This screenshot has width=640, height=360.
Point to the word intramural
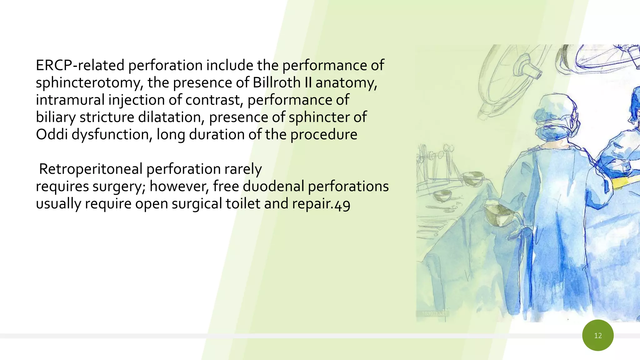[x=70, y=100]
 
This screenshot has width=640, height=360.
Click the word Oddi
[x=52, y=135]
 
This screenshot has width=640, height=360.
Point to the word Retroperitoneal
[x=91, y=169]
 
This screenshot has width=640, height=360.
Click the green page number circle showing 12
[x=598, y=335]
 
